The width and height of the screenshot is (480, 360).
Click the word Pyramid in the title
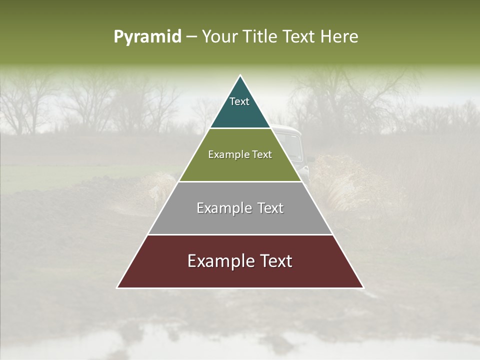point(147,37)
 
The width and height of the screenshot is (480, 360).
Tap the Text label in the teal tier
point(239,101)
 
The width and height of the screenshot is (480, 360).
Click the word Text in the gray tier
point(271,208)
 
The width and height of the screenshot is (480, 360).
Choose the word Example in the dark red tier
point(220,261)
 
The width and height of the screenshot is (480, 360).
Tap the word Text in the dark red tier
point(275,261)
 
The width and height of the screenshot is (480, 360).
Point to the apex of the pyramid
point(240,76)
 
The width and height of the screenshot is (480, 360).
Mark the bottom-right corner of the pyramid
point(363,287)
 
